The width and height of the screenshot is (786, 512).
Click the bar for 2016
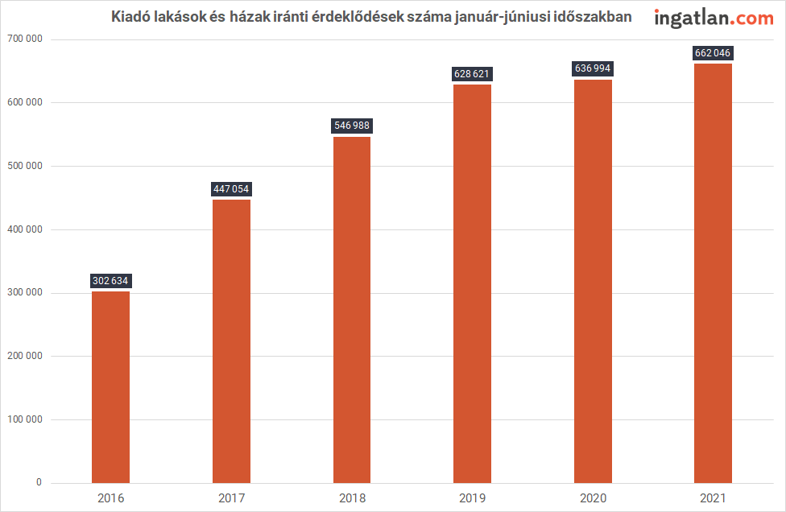110,386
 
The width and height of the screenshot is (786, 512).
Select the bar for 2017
231,341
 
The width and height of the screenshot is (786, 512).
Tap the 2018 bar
352,310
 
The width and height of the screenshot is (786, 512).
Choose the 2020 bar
593,281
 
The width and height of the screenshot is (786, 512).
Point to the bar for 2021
714,274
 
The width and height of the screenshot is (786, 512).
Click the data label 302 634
110,281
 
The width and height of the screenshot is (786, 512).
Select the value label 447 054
231,189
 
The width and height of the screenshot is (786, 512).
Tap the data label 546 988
352,126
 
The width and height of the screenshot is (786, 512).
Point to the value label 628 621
472,74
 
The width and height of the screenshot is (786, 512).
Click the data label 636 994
593,69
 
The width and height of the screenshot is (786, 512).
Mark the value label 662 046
714,53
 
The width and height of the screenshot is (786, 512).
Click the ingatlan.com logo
714,18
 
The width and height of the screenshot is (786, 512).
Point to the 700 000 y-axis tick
23,39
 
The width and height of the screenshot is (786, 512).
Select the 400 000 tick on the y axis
23,229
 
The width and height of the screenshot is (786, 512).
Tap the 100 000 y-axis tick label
23,419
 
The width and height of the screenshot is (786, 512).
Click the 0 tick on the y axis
39,483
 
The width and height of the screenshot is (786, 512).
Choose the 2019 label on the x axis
472,498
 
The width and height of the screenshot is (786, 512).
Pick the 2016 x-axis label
110,498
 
